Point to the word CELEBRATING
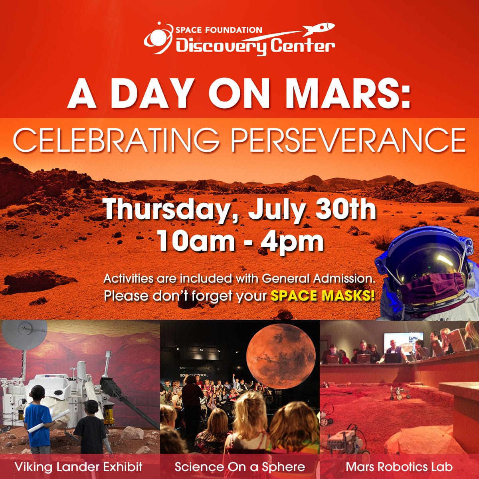pyautogui.click(x=116, y=140)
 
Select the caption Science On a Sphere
pyautogui.click(x=239, y=466)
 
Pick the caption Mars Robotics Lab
pyautogui.click(x=399, y=466)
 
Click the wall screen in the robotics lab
pyautogui.click(x=398, y=343)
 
